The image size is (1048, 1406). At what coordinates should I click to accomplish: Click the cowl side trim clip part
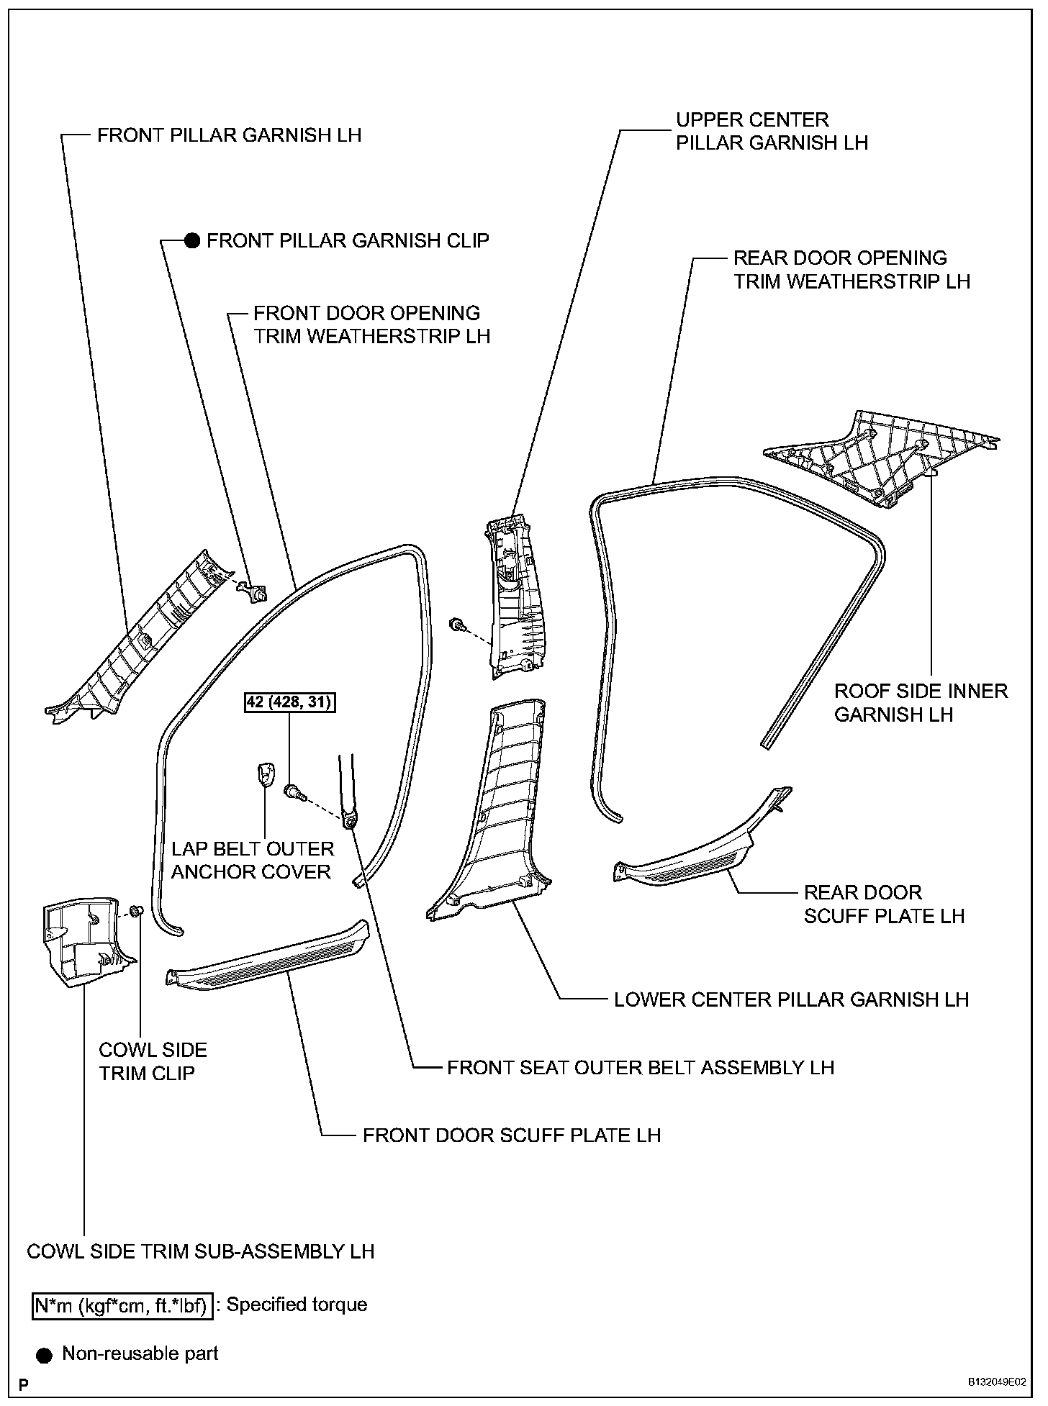(140, 911)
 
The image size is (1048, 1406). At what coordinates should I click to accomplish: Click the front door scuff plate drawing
(266, 957)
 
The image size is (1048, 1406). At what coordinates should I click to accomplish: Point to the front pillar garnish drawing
(137, 640)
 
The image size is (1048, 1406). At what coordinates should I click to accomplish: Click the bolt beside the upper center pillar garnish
(456, 625)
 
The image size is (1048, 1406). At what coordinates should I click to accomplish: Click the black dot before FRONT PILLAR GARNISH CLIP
(191, 241)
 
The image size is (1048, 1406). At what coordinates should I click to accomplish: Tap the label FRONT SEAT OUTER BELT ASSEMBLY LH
(640, 1067)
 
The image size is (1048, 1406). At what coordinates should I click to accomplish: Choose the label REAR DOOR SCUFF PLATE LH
(884, 904)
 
